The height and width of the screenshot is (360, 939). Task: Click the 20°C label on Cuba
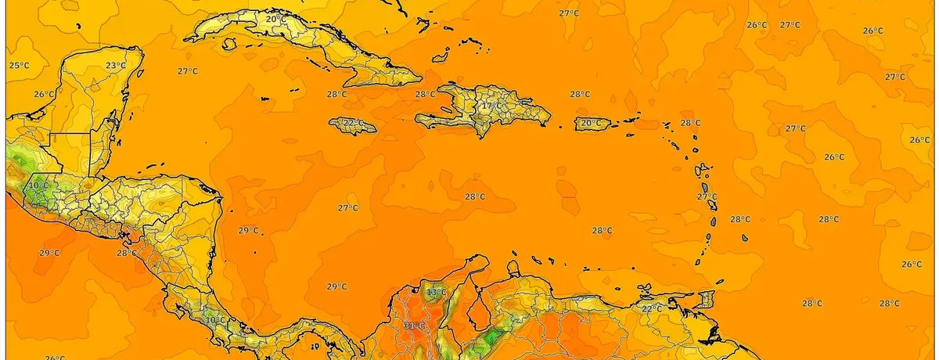point(275,19)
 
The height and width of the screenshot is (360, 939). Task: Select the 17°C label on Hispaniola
point(491,106)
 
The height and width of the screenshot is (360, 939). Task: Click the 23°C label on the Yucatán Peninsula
point(116,65)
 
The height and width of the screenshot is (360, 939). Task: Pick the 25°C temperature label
point(19,65)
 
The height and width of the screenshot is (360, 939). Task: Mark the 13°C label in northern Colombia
point(435,293)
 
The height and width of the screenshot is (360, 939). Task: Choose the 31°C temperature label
point(415,326)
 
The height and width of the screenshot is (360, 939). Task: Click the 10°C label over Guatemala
point(38,185)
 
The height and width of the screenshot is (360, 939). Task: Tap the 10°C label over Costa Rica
point(215,319)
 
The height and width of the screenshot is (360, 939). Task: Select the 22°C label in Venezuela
point(652,308)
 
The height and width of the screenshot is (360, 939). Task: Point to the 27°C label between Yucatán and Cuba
point(187,71)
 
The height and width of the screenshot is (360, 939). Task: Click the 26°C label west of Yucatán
point(45,94)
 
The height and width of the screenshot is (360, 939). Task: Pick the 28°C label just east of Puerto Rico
point(690,123)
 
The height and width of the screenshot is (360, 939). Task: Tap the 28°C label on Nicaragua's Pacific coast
point(127,253)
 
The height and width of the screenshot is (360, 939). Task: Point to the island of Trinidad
point(706,300)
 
